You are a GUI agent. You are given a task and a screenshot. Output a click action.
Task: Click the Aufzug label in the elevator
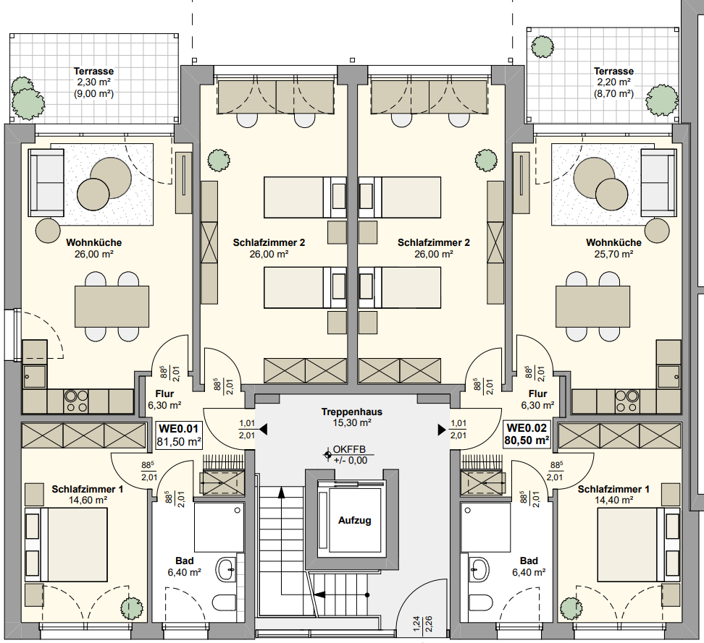[x=354, y=520]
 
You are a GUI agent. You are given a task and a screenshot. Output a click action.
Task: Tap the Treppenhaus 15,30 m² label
[x=352, y=417]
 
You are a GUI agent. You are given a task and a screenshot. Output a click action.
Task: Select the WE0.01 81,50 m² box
[x=179, y=434]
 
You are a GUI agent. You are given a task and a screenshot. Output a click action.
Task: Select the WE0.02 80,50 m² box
[x=526, y=434]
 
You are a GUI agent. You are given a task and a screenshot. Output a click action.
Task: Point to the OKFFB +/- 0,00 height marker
[x=349, y=455]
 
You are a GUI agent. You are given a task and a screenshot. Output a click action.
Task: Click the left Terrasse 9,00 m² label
[x=94, y=82]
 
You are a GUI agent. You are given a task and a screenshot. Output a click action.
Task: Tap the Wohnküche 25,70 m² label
[x=613, y=248]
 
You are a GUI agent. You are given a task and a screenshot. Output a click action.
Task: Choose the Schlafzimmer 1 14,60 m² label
[x=88, y=494]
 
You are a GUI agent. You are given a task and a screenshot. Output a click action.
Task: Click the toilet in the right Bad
[x=478, y=602]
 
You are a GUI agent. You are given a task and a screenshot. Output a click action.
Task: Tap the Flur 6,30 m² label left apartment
[x=164, y=400]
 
